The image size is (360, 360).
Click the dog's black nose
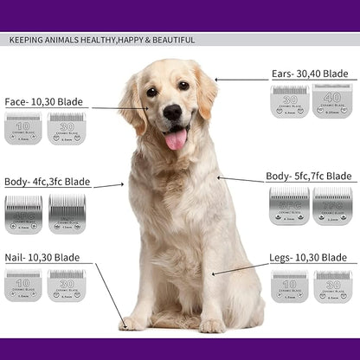(172, 112)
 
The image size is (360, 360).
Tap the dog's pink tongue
(176, 138)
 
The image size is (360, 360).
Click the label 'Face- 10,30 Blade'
(43, 101)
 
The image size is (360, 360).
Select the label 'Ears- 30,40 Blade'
(310, 74)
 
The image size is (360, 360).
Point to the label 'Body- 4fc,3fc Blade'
(47, 182)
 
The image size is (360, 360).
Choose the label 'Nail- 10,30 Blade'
(42, 258)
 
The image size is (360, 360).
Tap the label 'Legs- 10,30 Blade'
(309, 258)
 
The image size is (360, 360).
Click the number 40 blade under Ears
(331, 100)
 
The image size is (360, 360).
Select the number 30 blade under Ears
(289, 100)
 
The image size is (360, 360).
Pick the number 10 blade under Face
(22, 128)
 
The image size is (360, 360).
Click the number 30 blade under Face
(66, 128)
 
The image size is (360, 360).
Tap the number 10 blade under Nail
(22, 285)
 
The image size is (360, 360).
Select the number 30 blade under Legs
(332, 286)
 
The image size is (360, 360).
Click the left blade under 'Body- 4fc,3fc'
(22, 212)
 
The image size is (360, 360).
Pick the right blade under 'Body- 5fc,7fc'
(332, 206)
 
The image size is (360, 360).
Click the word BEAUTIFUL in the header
(168, 40)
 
